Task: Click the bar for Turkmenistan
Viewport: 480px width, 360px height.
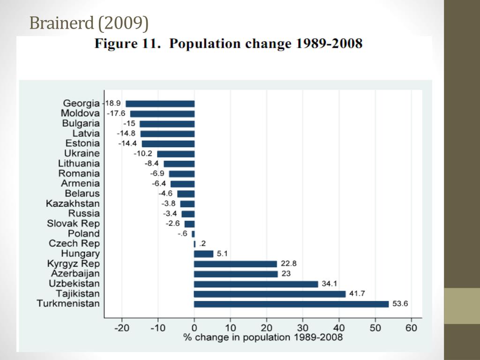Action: [x=291, y=304]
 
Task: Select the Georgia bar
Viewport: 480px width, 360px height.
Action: [x=160, y=104]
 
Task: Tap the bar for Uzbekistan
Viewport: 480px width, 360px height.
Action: [x=256, y=284]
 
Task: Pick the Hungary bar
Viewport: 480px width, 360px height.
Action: [x=203, y=254]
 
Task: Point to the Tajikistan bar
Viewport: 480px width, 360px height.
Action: [x=270, y=294]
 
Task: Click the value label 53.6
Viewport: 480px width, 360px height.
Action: [x=400, y=304]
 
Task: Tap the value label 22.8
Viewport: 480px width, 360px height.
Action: [x=288, y=263]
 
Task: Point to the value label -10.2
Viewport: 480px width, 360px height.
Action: [x=142, y=153]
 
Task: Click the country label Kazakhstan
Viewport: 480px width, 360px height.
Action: [x=73, y=203]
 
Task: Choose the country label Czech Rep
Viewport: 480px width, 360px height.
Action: [x=74, y=243]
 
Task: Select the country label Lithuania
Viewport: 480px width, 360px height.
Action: [x=79, y=163]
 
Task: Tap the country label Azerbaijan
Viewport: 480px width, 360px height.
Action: [x=75, y=273]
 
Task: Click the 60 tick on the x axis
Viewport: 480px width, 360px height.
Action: [x=411, y=328]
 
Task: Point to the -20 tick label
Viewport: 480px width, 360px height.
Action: [x=121, y=328]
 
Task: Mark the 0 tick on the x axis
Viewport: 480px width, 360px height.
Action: [x=194, y=328]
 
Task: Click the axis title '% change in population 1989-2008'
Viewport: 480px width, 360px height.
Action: [x=263, y=337]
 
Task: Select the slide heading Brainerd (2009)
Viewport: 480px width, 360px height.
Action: [x=89, y=22]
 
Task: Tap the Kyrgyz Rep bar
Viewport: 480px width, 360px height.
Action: [x=235, y=264]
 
